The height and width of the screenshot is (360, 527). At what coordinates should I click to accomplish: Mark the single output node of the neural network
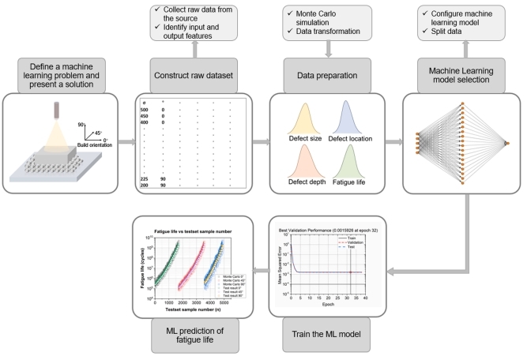509,143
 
